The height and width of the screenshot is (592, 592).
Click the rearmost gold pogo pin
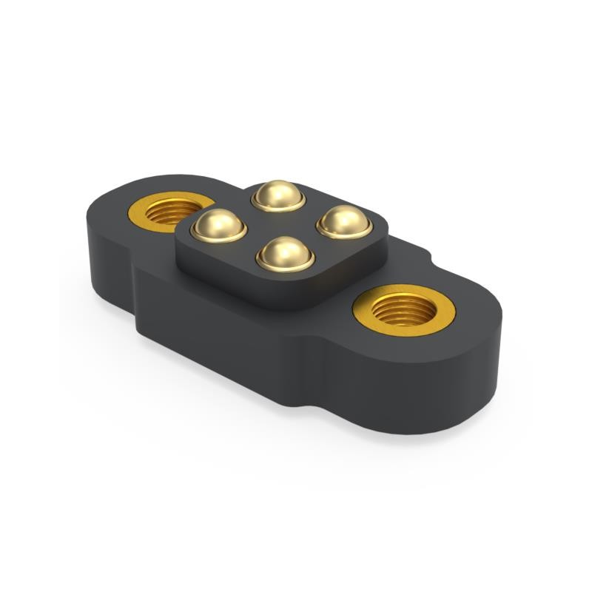278,195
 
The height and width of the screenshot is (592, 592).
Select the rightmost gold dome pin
343,221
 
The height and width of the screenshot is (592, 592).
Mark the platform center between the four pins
281,223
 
